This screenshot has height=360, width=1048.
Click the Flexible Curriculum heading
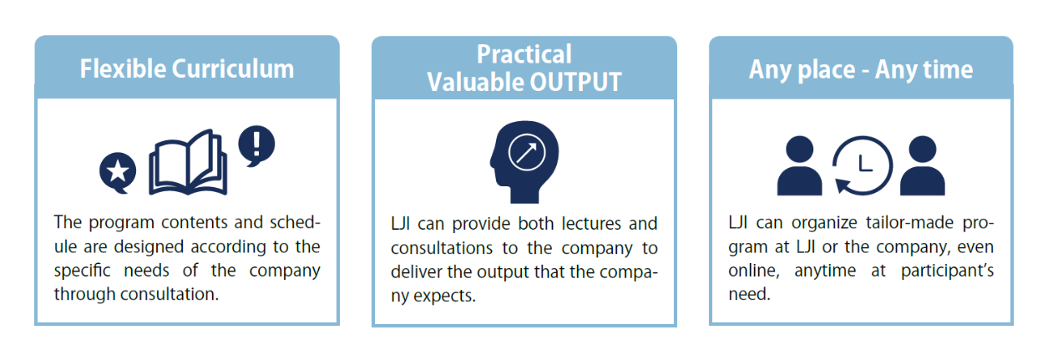click(x=187, y=68)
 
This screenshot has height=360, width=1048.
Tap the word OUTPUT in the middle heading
click(x=576, y=82)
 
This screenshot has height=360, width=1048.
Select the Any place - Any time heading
click(x=861, y=70)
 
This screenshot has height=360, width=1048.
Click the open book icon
click(x=188, y=162)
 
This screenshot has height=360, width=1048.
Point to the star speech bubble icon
click(x=118, y=172)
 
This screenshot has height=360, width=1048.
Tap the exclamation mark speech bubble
click(x=256, y=145)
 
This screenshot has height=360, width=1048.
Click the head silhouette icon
click(x=524, y=162)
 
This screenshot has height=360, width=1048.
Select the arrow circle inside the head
click(x=527, y=153)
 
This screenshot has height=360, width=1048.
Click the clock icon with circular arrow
click(x=863, y=165)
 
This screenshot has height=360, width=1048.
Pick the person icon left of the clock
click(x=799, y=165)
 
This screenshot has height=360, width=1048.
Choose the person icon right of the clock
click(x=923, y=165)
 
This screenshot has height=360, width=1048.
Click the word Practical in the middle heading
click(x=524, y=53)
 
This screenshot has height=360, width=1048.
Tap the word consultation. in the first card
click(x=170, y=294)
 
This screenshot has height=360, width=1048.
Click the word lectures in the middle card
click(x=591, y=224)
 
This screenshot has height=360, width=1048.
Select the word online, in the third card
click(x=754, y=271)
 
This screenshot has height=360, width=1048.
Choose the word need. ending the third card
click(x=749, y=295)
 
